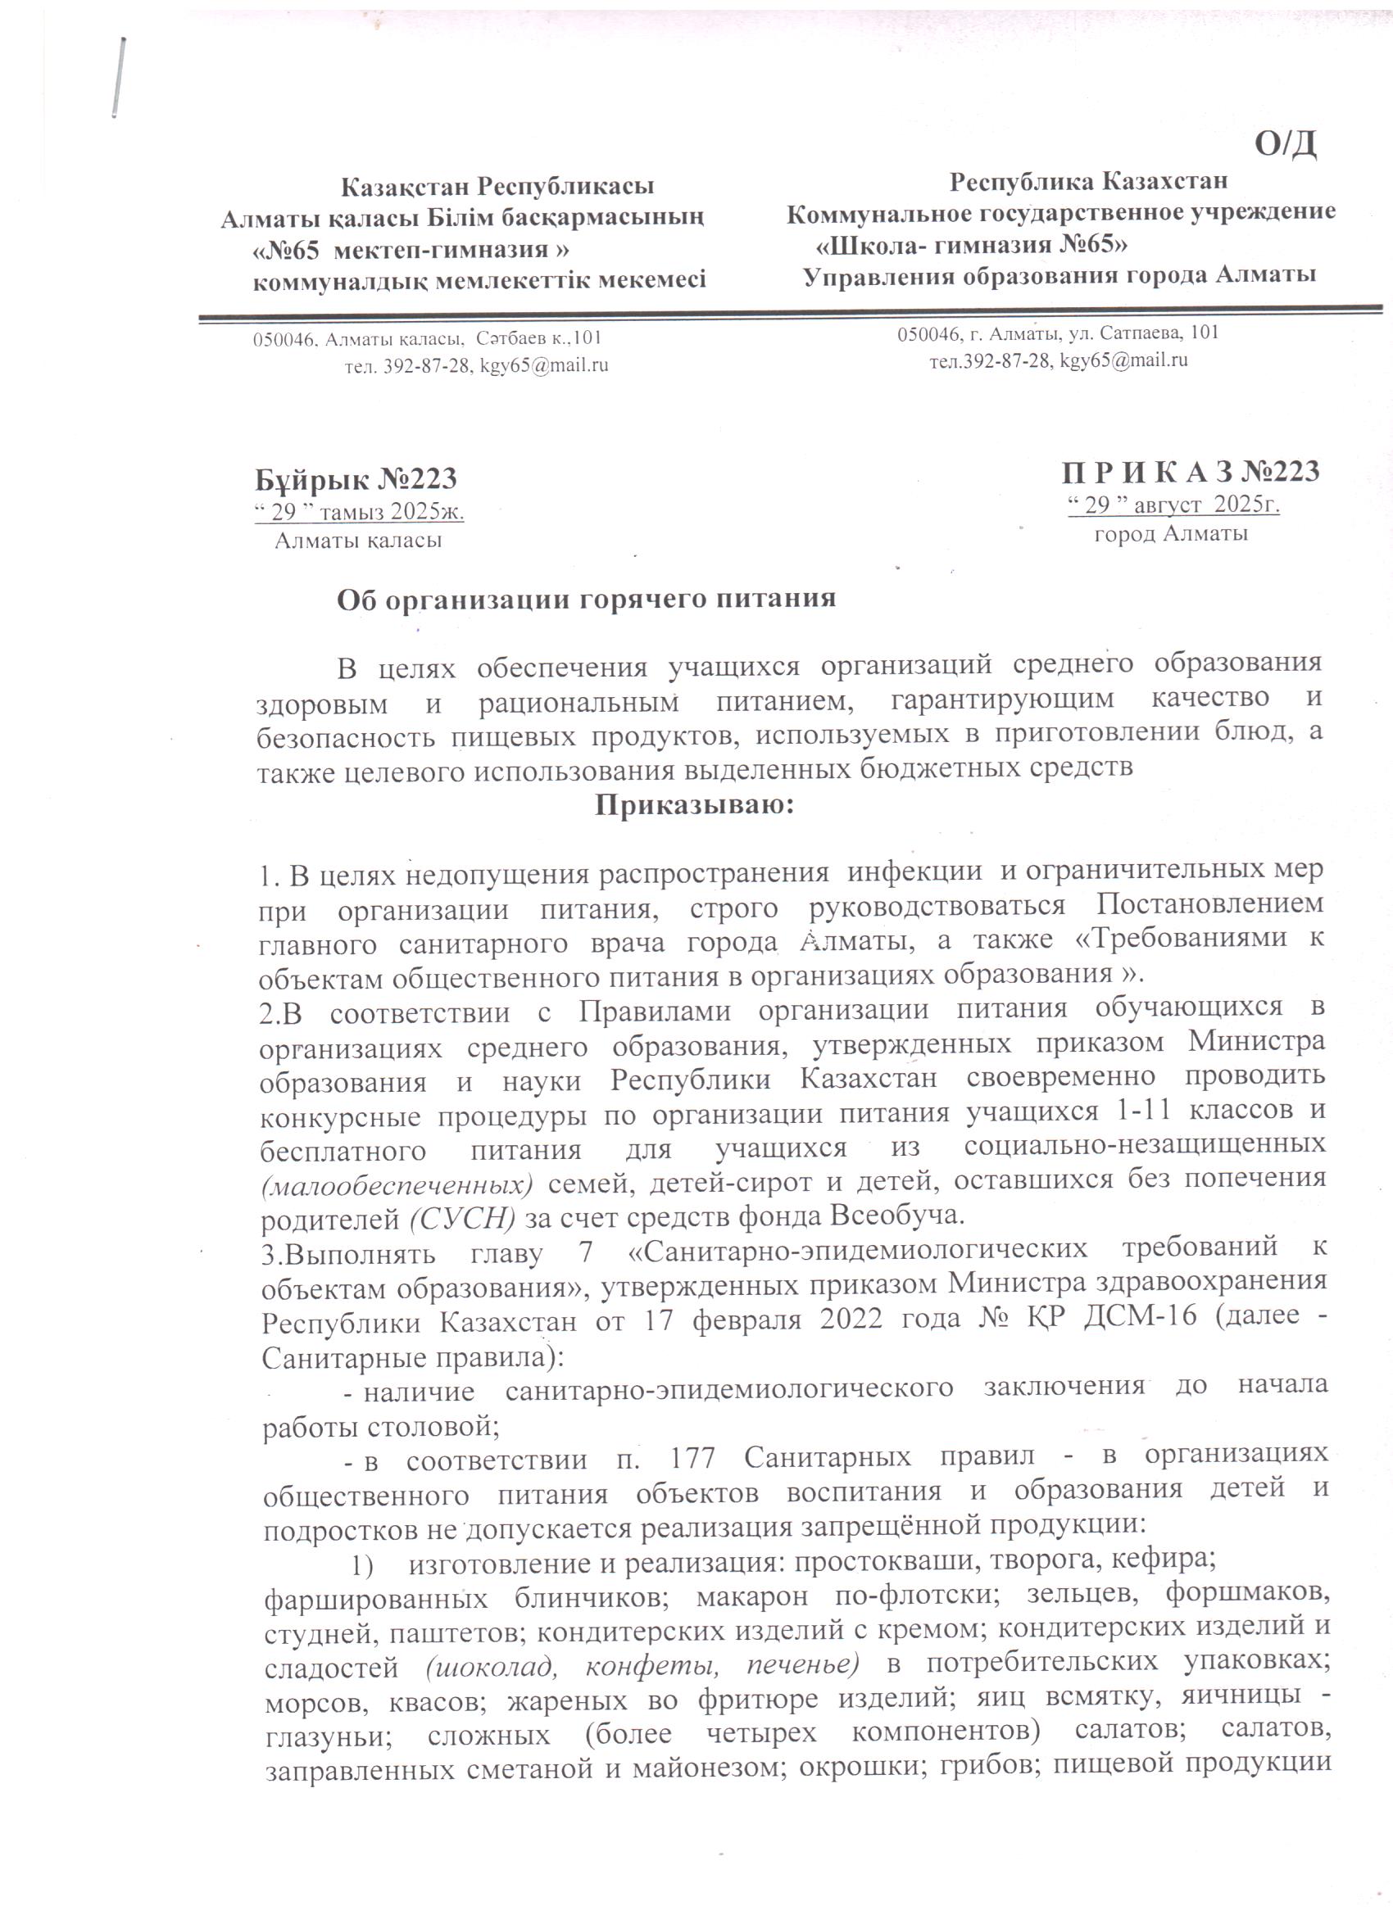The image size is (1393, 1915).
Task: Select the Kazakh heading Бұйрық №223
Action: click(x=356, y=478)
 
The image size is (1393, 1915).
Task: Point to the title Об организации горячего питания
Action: click(x=586, y=599)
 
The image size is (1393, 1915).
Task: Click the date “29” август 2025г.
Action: click(x=1174, y=505)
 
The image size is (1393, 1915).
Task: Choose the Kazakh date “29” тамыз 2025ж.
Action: click(x=360, y=512)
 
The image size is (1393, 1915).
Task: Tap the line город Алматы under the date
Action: click(x=1171, y=534)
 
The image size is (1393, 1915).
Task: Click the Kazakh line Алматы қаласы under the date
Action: click(x=358, y=540)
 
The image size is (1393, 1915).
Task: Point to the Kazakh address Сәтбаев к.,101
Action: click(x=539, y=339)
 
